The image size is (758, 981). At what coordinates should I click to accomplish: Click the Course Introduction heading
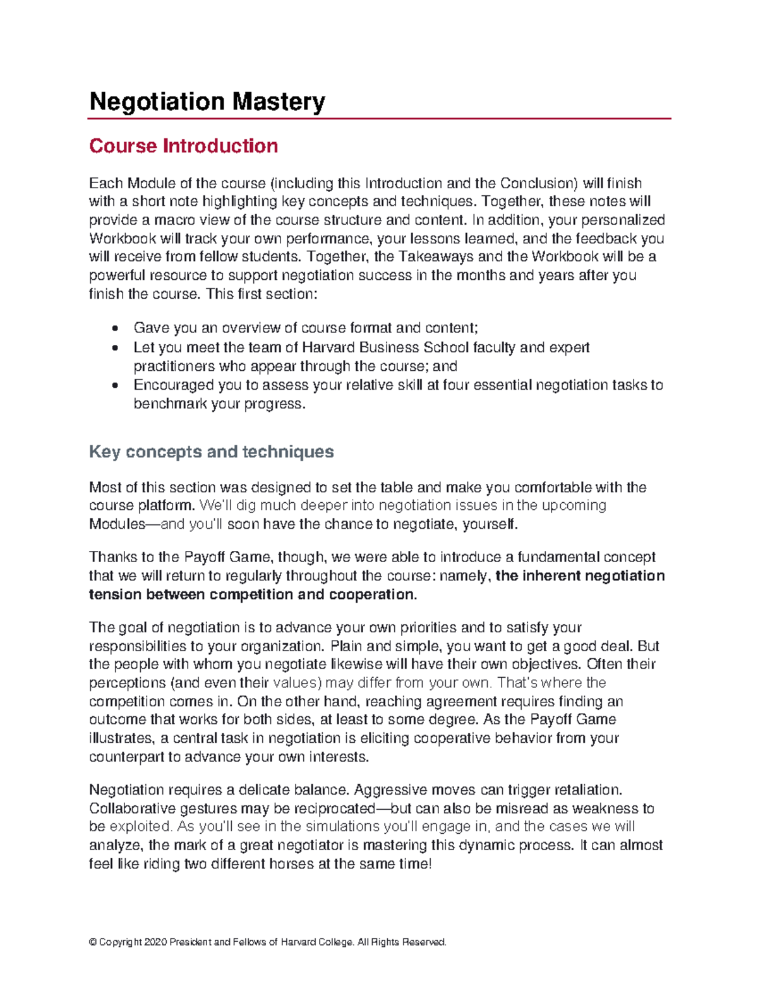pyautogui.click(x=183, y=146)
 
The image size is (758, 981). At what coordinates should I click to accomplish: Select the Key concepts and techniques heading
pyautogui.click(x=211, y=452)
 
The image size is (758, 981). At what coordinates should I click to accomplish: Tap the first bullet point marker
pyautogui.click(x=114, y=328)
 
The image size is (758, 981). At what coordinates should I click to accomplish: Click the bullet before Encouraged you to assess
pyautogui.click(x=114, y=385)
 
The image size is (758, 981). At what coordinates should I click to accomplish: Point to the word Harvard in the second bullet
pyautogui.click(x=329, y=347)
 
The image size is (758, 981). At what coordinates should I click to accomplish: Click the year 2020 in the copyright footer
pyautogui.click(x=155, y=942)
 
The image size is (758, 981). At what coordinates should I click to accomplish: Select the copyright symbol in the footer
pyautogui.click(x=93, y=942)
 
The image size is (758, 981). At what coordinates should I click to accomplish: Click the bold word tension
pyautogui.click(x=116, y=594)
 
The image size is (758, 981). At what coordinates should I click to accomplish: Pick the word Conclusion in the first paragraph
pyautogui.click(x=538, y=183)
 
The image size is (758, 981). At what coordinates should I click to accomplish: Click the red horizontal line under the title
pyautogui.click(x=379, y=118)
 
